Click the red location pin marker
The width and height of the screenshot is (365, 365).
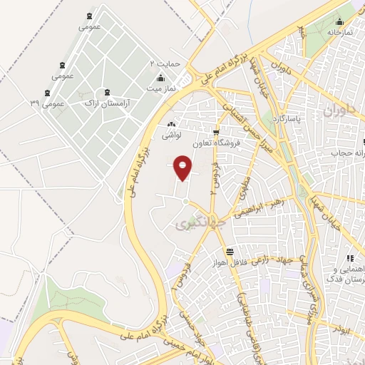182,167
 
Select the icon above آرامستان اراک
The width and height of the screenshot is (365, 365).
107,92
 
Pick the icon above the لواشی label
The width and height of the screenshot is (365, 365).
172,124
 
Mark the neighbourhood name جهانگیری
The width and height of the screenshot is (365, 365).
192,225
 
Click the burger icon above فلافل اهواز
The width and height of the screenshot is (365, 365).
230,252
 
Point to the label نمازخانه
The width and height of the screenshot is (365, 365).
341,33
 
